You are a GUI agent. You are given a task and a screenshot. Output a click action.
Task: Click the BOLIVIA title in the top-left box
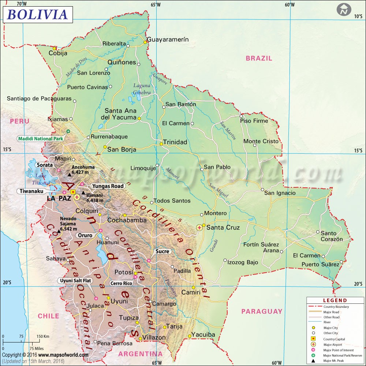[x=37, y=14]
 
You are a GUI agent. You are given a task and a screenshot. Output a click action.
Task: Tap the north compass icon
[x=343, y=10]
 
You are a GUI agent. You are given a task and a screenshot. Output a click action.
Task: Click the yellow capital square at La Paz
[x=73, y=192]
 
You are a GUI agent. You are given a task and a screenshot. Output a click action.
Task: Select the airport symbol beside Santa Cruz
[x=199, y=227]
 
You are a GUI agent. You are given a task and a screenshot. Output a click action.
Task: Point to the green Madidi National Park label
[x=41, y=139]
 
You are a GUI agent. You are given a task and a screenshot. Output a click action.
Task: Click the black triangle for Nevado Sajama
[x=59, y=231]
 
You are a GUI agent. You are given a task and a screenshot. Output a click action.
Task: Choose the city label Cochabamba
[x=127, y=220]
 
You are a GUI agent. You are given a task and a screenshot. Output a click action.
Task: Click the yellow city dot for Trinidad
[x=161, y=144]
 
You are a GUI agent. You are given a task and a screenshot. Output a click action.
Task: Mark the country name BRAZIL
[x=259, y=58]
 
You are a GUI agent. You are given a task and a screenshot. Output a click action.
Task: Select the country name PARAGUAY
[x=262, y=311]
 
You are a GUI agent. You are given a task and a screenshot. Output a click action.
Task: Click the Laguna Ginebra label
[x=141, y=89]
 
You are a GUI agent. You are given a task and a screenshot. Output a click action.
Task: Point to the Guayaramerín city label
[x=168, y=40]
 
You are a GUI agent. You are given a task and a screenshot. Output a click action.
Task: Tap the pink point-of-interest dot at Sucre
[x=149, y=261]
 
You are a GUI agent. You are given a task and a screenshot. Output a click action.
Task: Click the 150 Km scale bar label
[x=43, y=336]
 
